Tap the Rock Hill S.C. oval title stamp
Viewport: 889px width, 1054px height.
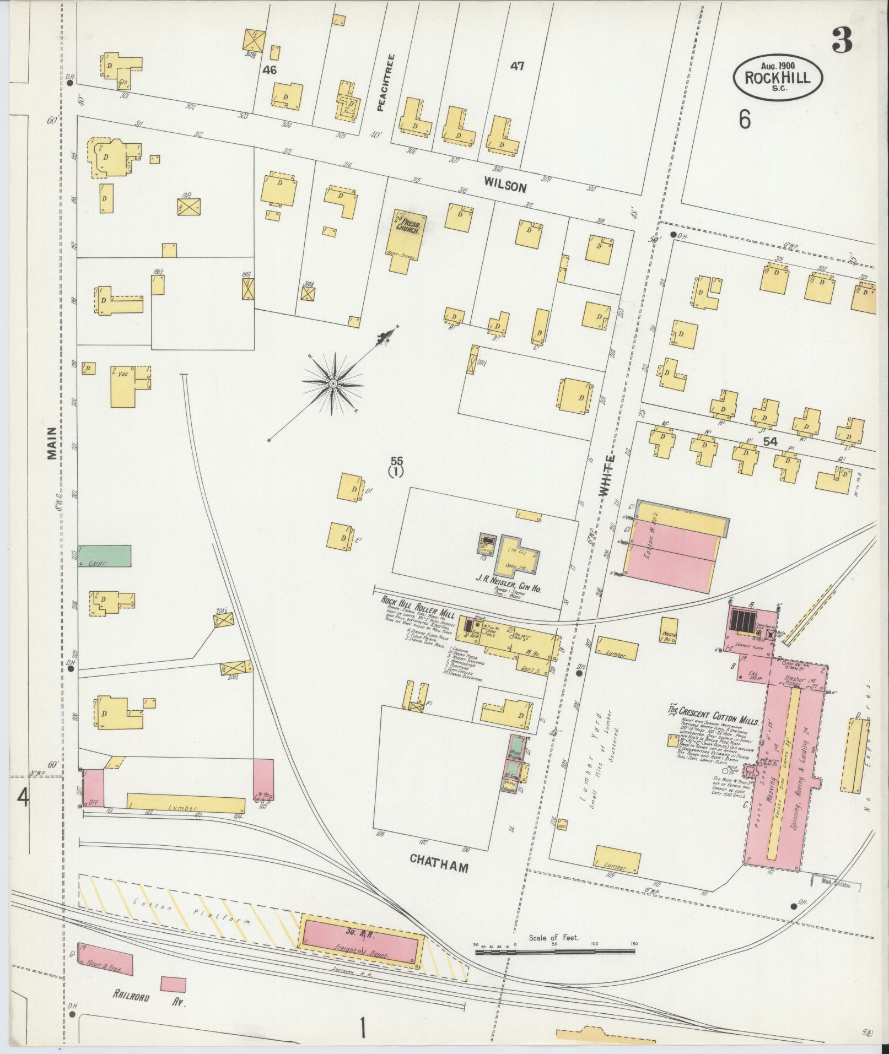[778, 78]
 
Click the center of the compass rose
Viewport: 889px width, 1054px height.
[333, 382]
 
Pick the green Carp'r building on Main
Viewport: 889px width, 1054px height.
[105, 555]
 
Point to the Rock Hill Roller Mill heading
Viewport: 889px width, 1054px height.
[416, 606]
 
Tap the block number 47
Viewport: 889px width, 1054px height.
[516, 66]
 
